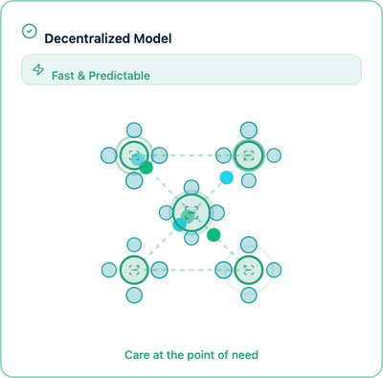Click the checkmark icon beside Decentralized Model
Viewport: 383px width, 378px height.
pos(30,32)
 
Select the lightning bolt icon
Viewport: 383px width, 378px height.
pos(38,70)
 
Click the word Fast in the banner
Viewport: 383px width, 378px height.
pos(65,75)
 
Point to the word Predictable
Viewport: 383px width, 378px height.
pos(119,75)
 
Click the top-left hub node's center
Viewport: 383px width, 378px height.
pos(133,154)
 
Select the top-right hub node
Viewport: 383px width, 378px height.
pos(249,154)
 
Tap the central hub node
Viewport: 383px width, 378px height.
pos(191,210)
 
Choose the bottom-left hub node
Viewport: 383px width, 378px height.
pos(133,269)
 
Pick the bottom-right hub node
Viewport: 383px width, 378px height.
pos(249,269)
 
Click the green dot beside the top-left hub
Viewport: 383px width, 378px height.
pos(146,168)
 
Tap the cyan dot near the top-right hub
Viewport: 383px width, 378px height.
pos(226,177)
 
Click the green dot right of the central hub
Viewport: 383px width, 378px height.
pos(214,235)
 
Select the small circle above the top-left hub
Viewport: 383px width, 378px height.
pos(133,129)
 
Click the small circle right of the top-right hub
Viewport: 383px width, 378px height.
pos(274,154)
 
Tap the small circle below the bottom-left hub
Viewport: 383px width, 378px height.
pos(133,294)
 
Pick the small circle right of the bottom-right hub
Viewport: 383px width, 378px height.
pos(274,269)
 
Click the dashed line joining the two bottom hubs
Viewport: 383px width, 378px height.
pos(191,269)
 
